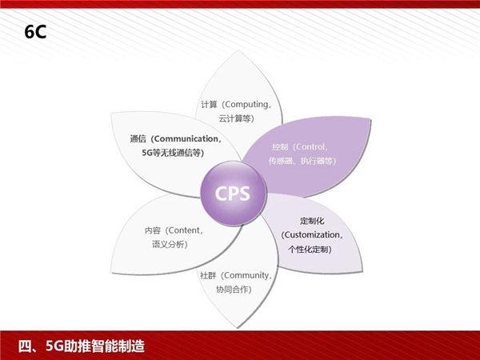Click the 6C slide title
[35, 32]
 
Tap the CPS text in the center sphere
[233, 194]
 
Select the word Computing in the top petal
[246, 104]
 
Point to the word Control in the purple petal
[310, 147]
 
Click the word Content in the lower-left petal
[183, 230]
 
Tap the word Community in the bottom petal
[246, 275]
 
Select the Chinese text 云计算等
[234, 118]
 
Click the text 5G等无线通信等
[171, 153]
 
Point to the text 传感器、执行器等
[300, 161]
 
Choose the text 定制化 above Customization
[312, 221]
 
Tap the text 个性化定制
[308, 249]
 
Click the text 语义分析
[168, 244]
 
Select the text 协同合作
[232, 290]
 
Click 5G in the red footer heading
[54, 346]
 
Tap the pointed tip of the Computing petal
[238, 51]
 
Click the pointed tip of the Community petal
[238, 327]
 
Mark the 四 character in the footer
[25, 346]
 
